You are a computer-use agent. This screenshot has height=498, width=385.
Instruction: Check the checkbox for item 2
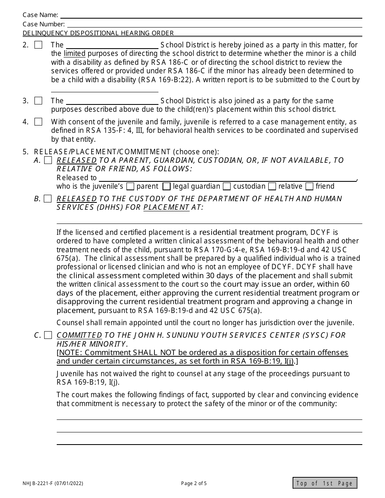(x=38, y=45)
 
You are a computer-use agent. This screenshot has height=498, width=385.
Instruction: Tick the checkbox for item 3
(x=38, y=101)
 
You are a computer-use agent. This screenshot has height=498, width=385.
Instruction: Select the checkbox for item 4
(x=38, y=122)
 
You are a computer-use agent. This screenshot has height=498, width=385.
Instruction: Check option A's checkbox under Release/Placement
(x=48, y=160)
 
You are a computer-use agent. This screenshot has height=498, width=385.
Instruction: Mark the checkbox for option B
(x=48, y=199)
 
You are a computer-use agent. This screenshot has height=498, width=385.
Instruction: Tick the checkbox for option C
(x=48, y=335)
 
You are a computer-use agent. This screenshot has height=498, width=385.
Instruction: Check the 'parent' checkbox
(x=130, y=187)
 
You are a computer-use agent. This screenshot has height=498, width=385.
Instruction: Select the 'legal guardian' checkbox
(x=166, y=187)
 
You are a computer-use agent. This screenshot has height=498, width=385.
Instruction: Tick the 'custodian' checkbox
(x=227, y=187)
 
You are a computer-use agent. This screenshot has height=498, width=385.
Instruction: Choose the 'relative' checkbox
(x=272, y=187)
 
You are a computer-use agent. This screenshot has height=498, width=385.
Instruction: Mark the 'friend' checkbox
(x=310, y=187)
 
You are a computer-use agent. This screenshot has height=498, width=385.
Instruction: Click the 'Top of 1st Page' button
(x=325, y=483)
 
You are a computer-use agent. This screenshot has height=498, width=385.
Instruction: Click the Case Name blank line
(x=211, y=15)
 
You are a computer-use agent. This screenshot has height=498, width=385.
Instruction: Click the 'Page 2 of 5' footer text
(x=194, y=483)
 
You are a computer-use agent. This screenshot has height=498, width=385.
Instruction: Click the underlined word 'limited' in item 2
(x=75, y=54)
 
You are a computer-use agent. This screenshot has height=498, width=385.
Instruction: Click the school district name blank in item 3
(x=112, y=101)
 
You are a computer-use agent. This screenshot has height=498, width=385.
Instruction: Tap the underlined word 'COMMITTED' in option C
(x=79, y=335)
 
